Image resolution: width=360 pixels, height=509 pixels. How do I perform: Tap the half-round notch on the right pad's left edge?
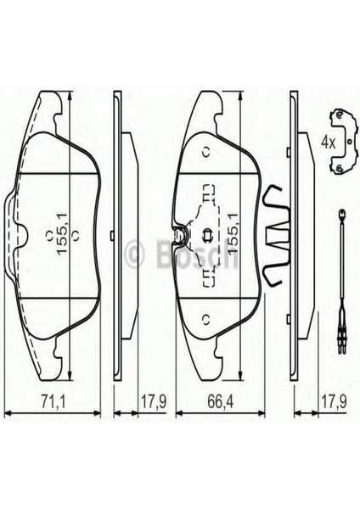[x=180, y=234]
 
